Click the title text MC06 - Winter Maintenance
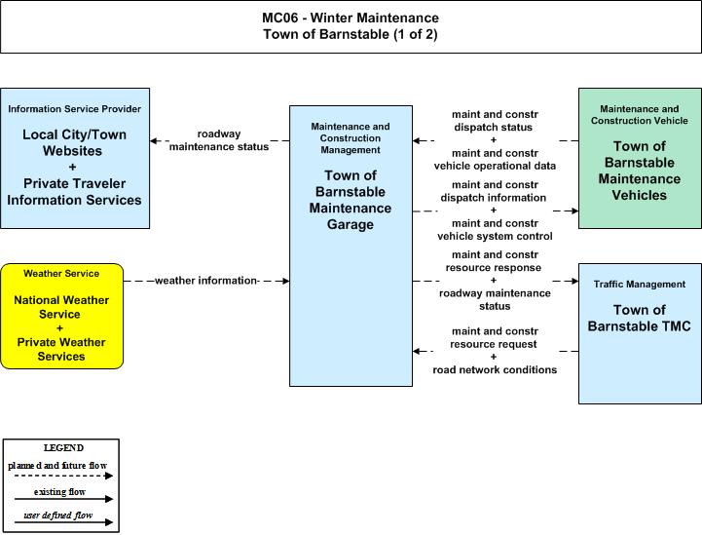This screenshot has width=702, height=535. [351, 18]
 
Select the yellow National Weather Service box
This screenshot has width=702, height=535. [61, 317]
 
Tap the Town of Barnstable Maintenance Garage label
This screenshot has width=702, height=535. [351, 200]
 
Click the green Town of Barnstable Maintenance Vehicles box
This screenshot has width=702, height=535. [640, 158]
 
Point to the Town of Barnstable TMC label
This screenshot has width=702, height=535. [640, 318]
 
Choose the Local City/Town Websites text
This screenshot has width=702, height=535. [74, 142]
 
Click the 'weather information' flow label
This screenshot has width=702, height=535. [206, 281]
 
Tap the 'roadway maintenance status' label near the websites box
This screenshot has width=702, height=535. [219, 140]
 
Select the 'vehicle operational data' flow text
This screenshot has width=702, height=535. [495, 166]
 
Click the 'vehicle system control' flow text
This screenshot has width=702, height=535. [495, 236]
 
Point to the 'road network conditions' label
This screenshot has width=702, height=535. [495, 369]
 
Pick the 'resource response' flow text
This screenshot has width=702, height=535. [494, 267]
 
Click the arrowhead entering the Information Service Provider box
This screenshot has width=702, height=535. [154, 140]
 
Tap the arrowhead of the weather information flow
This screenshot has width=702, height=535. [285, 281]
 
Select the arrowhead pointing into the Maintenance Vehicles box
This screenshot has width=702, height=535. [574, 210]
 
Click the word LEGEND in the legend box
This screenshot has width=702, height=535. [63, 448]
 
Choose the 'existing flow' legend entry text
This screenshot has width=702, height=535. [59, 492]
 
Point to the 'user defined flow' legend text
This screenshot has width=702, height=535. [58, 516]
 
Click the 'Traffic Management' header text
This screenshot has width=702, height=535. [640, 285]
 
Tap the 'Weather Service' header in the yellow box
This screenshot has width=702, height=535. [61, 273]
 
